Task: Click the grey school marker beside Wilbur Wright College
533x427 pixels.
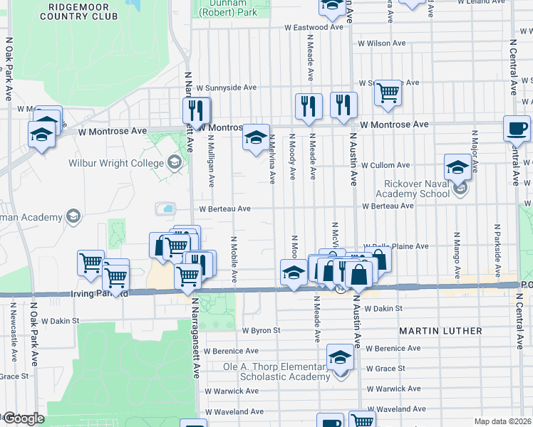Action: point(175,164)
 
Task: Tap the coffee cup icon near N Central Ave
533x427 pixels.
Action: point(517,129)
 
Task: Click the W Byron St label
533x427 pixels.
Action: point(261,330)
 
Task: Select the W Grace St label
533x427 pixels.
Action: point(385,369)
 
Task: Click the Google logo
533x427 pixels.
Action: point(23,418)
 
